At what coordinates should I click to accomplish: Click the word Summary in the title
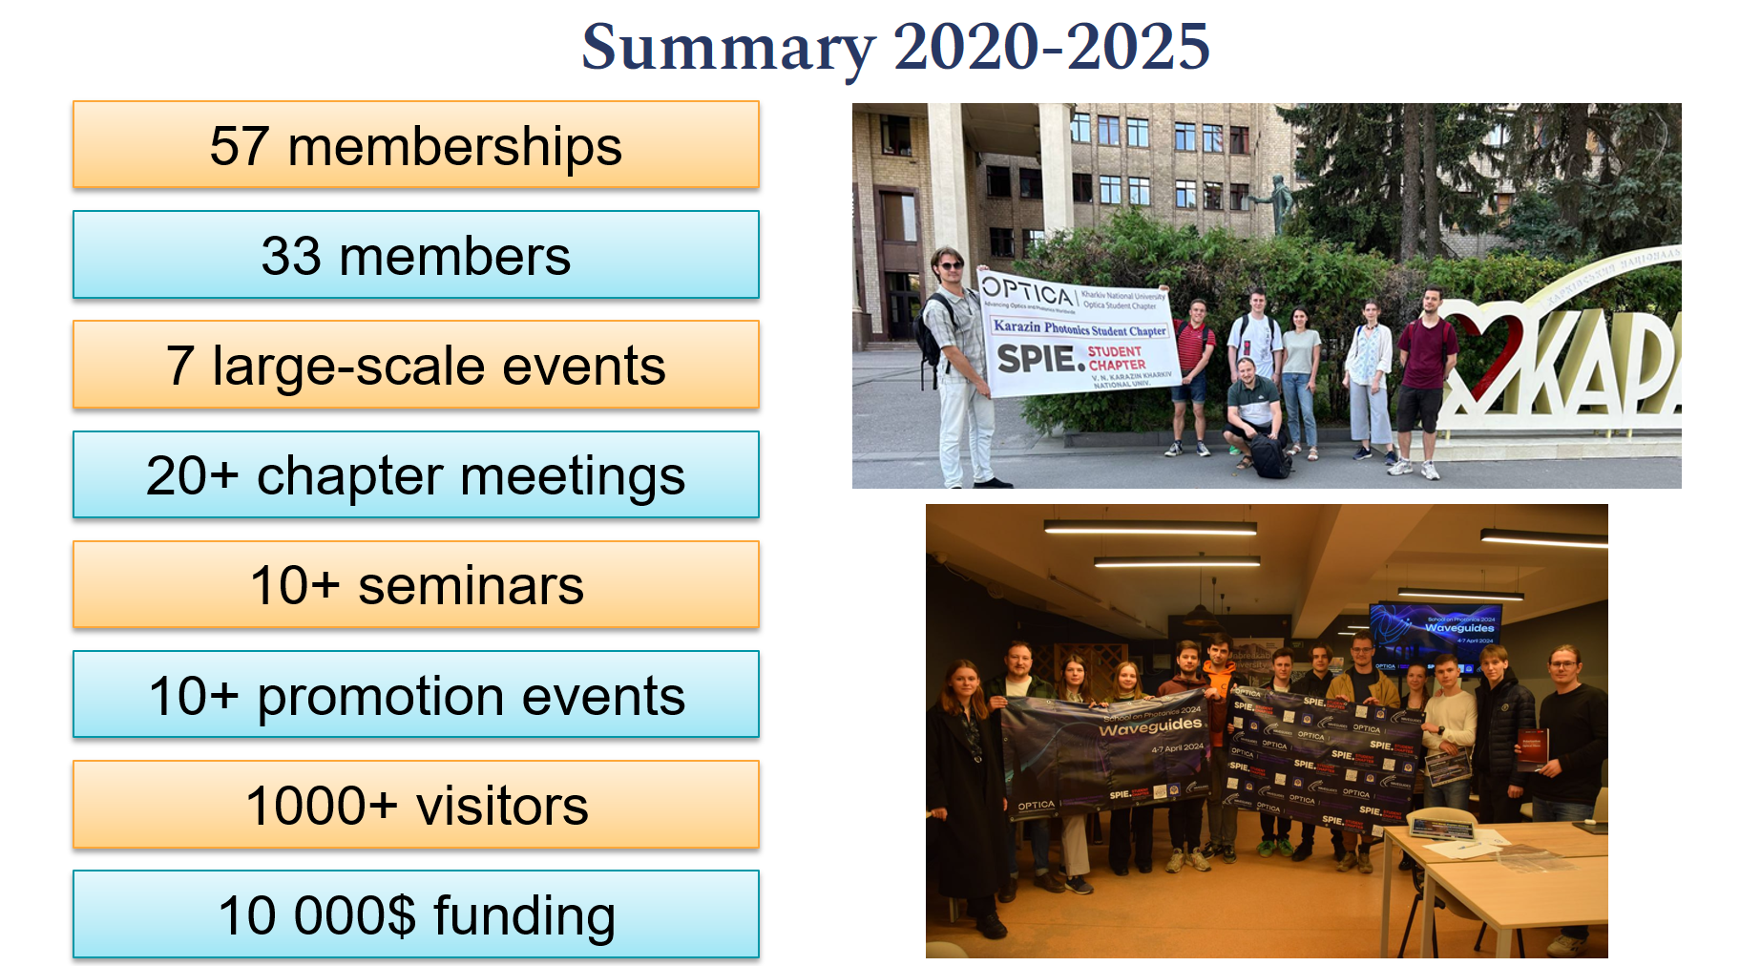pos(727,48)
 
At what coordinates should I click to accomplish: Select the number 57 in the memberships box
pos(239,146)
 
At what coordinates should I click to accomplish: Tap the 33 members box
pos(416,256)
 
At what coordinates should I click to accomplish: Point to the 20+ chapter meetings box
pos(416,475)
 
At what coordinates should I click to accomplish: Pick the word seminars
pos(471,585)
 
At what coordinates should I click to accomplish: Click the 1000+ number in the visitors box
pos(321,806)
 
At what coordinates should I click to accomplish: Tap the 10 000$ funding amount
pos(317,915)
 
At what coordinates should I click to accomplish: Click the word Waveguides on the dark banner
pos(1150,726)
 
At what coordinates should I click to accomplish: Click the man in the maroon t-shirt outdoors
pos(1424,372)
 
